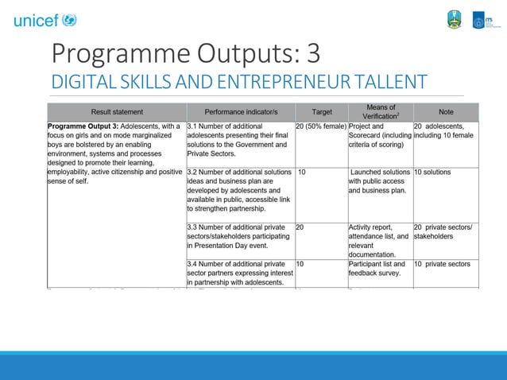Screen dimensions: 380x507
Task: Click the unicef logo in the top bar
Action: coord(45,20)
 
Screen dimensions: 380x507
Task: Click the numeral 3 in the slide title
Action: coord(313,53)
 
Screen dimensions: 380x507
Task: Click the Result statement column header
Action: coord(117,112)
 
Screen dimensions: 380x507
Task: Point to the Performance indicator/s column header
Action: coord(240,112)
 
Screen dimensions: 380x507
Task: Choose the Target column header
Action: coord(321,112)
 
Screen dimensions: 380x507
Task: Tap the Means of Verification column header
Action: coord(380,111)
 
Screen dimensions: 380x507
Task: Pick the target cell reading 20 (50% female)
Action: coord(321,126)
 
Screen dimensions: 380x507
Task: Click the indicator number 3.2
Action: coord(192,172)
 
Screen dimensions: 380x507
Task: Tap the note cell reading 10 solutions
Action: coord(432,172)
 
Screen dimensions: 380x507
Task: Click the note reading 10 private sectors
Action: coord(442,264)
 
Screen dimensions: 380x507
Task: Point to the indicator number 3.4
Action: coord(192,264)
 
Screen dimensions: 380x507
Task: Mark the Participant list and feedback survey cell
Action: coord(377,269)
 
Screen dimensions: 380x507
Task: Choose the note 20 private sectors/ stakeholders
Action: coord(443,232)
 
